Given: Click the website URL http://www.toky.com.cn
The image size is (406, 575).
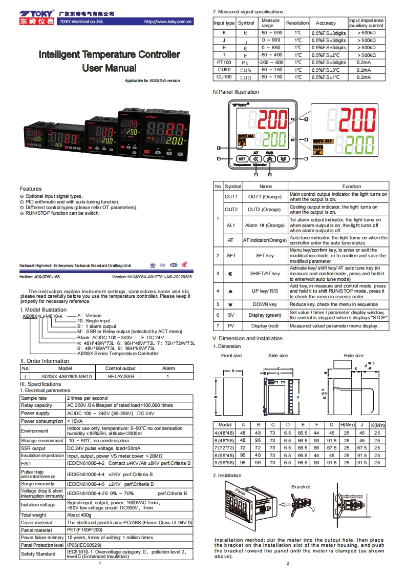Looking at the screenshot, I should pos(168,22).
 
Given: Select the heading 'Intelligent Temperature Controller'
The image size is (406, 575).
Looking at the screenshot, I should pos(110,54).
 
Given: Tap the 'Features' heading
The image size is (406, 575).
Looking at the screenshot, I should pos(31,189).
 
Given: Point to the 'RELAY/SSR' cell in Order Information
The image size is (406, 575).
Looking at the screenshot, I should pos(121,376).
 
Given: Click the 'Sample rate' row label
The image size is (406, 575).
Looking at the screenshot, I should pos(34,398).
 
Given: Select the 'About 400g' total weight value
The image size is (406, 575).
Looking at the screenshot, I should pos(80,515).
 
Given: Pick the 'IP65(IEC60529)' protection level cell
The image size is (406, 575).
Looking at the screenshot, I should pos(84,545).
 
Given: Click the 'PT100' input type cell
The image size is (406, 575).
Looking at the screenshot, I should pos(224,62).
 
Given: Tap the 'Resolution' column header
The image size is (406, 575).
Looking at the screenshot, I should pos(297,23).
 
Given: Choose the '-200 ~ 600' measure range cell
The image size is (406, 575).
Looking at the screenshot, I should pos(271,62).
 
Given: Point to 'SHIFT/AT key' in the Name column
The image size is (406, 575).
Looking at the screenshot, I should pos(265,274).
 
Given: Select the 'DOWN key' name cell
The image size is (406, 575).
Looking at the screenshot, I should pos(265,304).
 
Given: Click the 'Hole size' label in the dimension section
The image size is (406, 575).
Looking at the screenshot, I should pos(353,356).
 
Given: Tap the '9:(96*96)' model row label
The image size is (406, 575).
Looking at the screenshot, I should pos(225,463).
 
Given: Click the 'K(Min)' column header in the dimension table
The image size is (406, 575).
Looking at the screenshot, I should pos(377,425).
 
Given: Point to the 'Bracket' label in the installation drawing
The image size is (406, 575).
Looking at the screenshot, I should pos(301,486).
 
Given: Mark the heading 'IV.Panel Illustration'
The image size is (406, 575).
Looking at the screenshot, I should pos(236,92).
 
